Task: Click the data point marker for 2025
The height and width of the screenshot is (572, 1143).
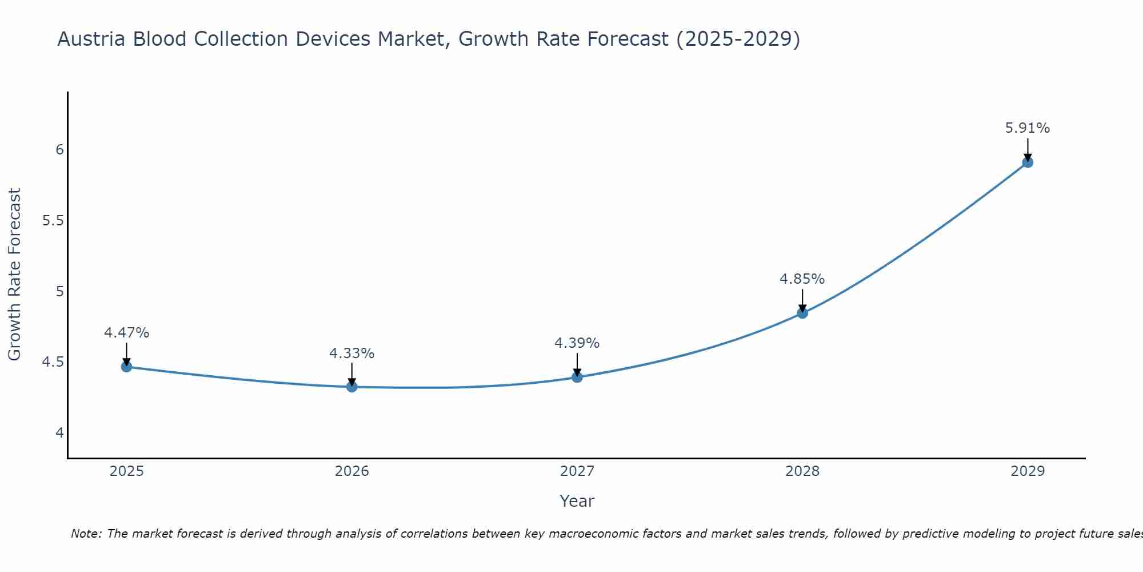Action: pyautogui.click(x=127, y=367)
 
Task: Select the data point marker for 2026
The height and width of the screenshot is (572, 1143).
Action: pyautogui.click(x=352, y=387)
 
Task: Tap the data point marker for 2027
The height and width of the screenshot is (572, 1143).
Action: pyautogui.click(x=577, y=377)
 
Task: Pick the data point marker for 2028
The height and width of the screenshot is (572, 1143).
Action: pyautogui.click(x=802, y=313)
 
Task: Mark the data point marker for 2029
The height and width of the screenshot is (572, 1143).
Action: pyautogui.click(x=1028, y=162)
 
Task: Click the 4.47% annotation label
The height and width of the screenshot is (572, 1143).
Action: pyautogui.click(x=127, y=333)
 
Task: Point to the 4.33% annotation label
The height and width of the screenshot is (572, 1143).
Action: pyautogui.click(x=352, y=353)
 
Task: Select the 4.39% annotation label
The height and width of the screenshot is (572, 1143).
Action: pyautogui.click(x=577, y=343)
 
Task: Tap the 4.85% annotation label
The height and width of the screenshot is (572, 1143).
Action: pyautogui.click(x=802, y=279)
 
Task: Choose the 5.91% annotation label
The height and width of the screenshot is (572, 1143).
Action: pyautogui.click(x=1028, y=128)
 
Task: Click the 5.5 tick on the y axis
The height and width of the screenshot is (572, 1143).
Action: pyautogui.click(x=53, y=221)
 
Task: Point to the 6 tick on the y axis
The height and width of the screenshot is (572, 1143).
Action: pyautogui.click(x=59, y=150)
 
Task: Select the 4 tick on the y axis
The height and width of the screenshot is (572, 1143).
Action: pyautogui.click(x=59, y=433)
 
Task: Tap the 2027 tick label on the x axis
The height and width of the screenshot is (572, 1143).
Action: pyautogui.click(x=577, y=471)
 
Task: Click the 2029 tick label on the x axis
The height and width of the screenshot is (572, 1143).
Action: pyautogui.click(x=1028, y=471)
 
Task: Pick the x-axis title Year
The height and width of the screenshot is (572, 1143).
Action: pyautogui.click(x=577, y=501)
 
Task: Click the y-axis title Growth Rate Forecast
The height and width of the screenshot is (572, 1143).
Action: pyautogui.click(x=14, y=275)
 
